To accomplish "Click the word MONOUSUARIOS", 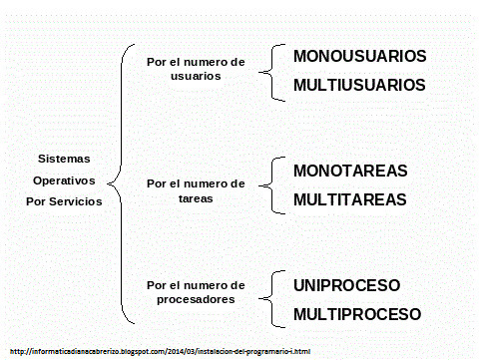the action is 359,56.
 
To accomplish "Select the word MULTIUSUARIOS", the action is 359,85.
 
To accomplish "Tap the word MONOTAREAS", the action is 350,171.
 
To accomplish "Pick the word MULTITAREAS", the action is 350,199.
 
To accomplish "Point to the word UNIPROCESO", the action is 346,285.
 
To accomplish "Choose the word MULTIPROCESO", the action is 357,314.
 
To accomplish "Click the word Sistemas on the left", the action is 64,159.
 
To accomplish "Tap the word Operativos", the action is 64,180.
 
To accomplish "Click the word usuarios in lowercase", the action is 196,76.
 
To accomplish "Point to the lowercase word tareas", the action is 196,198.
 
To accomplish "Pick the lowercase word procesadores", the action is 196,299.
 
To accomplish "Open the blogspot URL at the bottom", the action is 160,351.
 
